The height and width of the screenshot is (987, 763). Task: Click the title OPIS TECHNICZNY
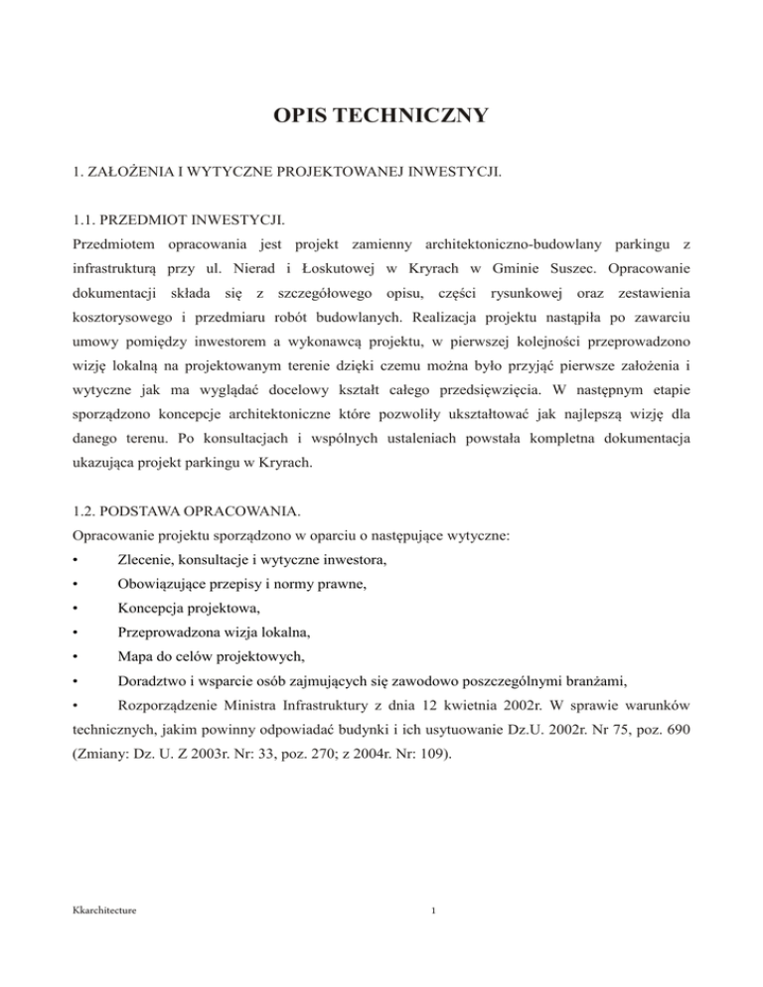click(381, 117)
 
